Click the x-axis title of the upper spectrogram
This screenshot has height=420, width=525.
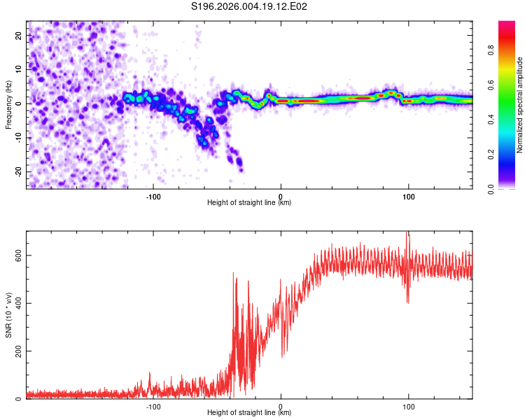tap(249, 203)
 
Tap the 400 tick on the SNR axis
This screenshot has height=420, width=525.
tap(17, 303)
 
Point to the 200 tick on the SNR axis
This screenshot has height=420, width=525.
tap(17, 351)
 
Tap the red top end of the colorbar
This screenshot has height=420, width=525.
tap(507, 24)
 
